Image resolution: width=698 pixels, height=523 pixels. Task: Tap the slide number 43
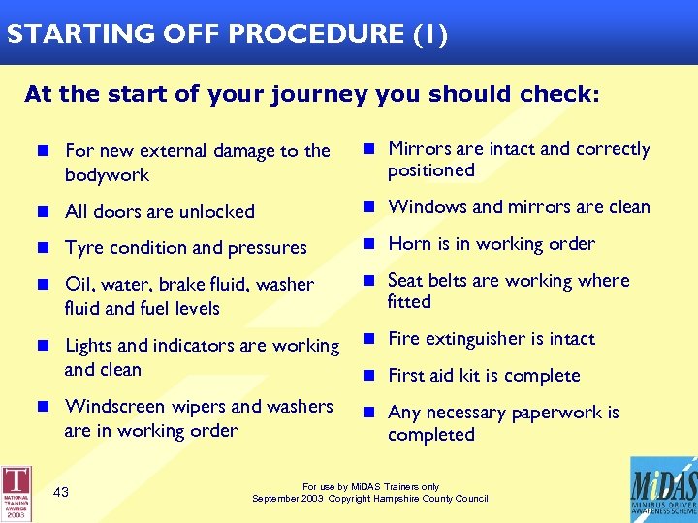[61, 492]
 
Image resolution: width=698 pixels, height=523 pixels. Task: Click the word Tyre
[83, 248]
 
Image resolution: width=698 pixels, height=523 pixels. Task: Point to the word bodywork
[107, 175]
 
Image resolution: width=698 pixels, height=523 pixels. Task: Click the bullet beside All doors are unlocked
[45, 211]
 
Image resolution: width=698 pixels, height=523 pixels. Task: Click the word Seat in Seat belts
[405, 281]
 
